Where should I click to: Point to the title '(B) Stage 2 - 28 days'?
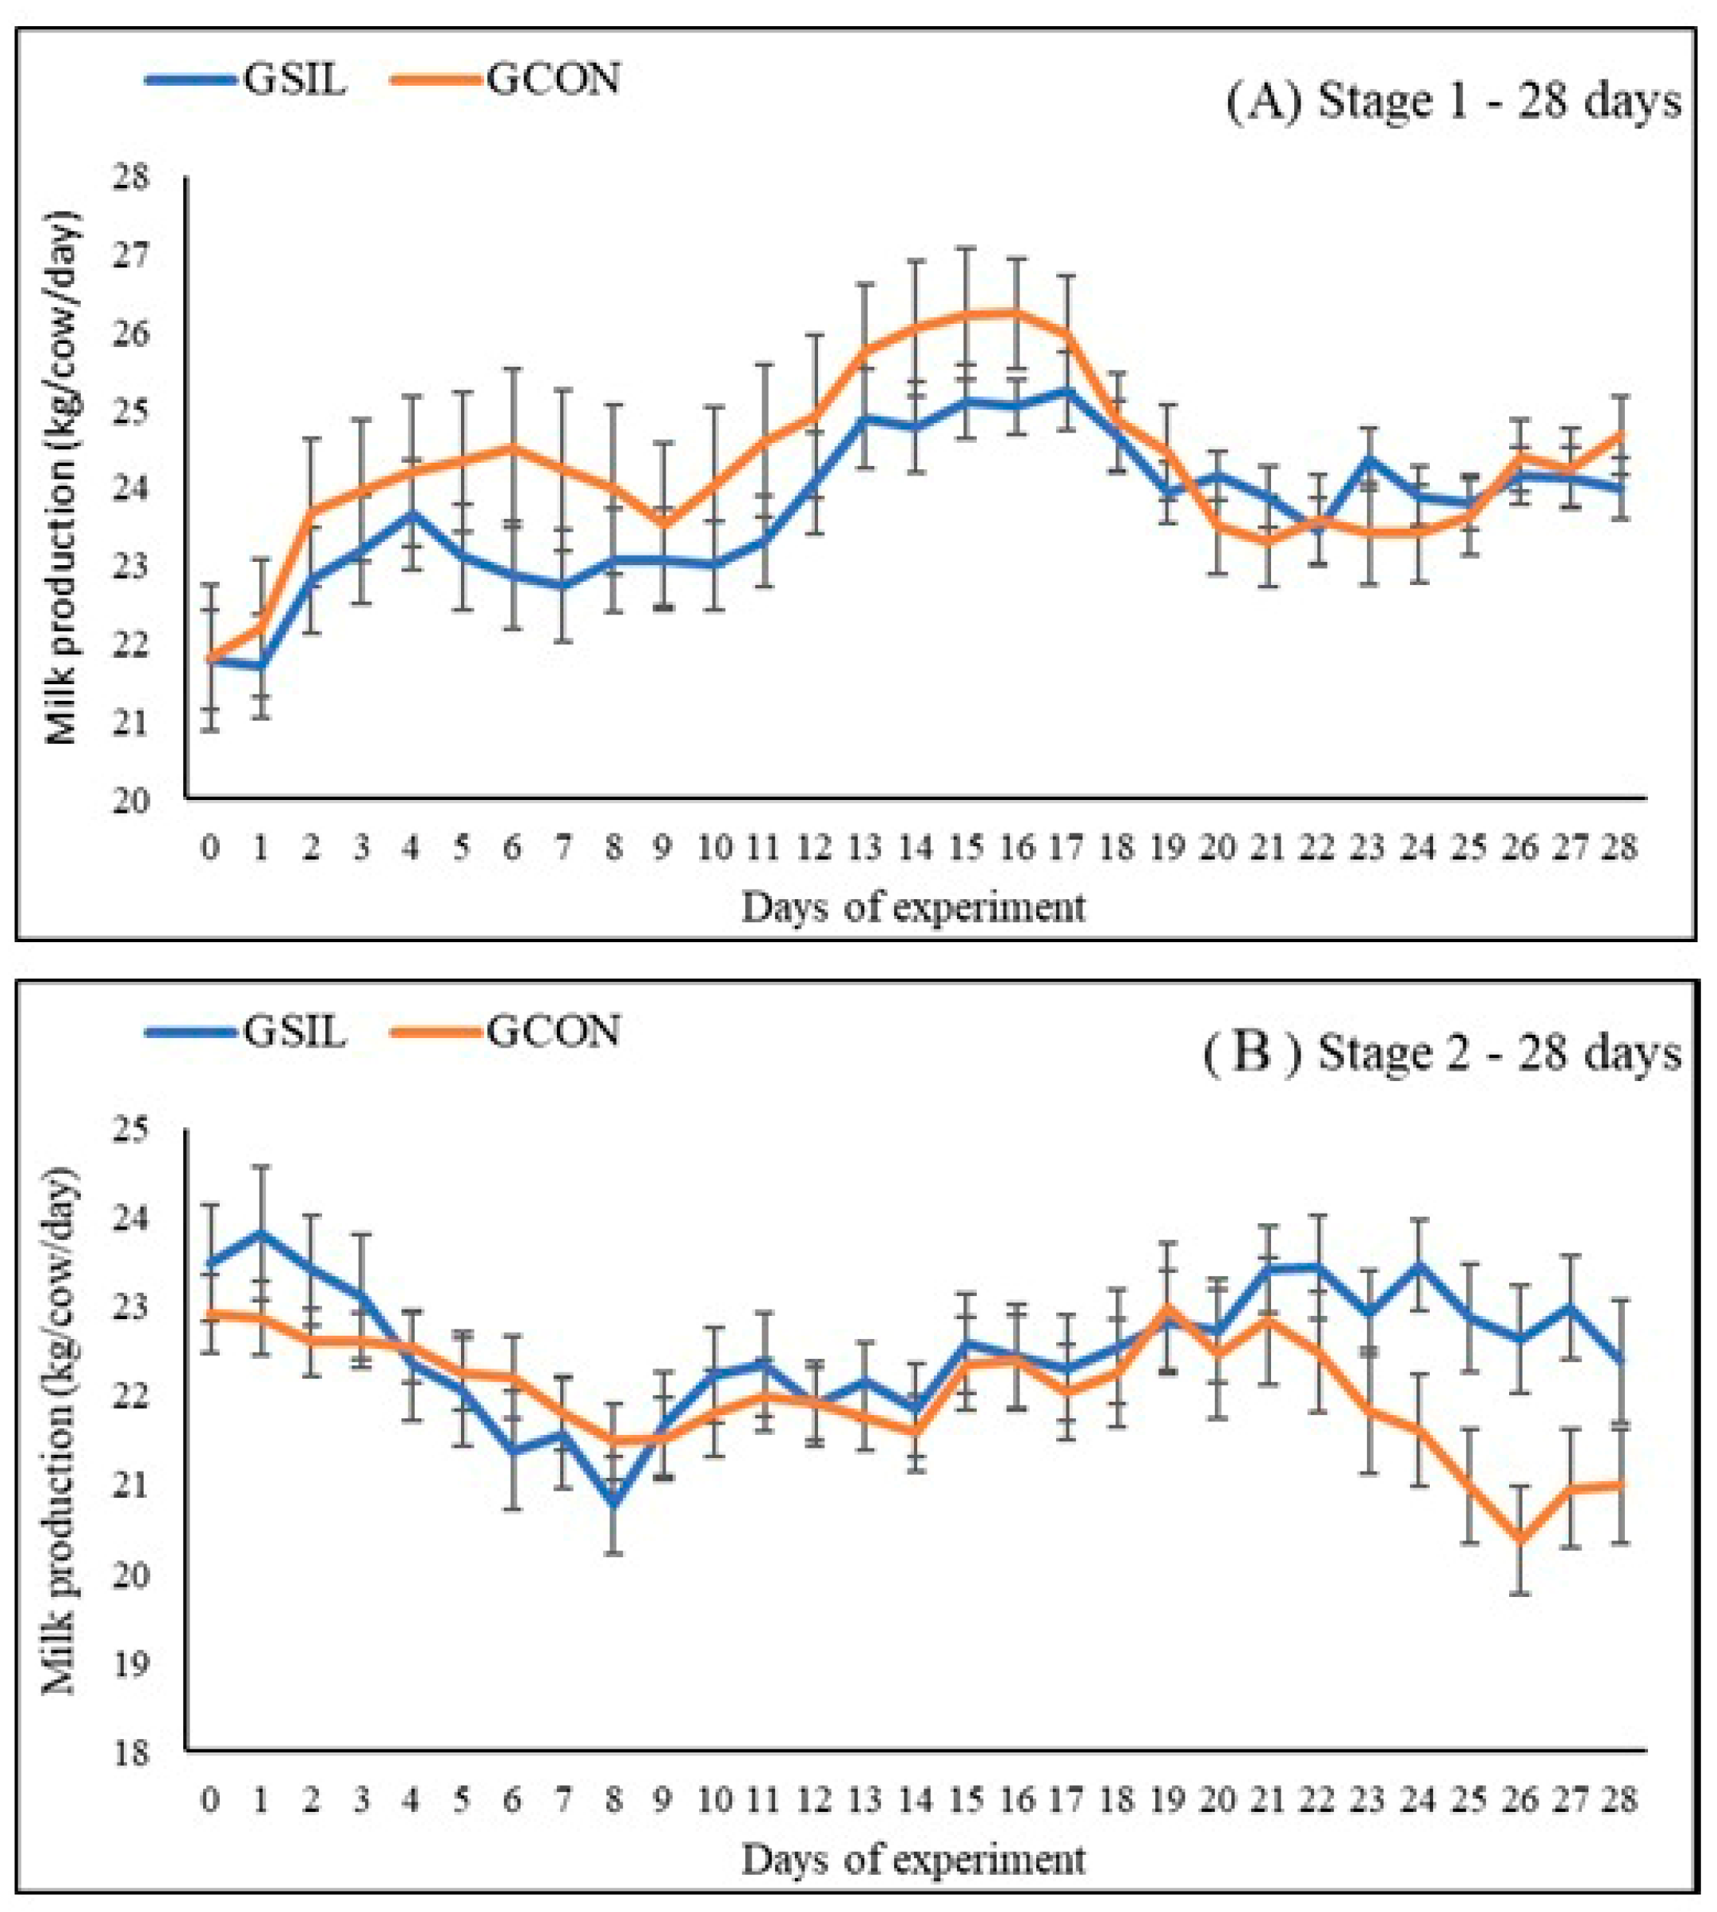point(1442,1053)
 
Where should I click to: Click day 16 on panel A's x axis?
point(1016,848)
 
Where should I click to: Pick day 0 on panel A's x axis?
point(210,848)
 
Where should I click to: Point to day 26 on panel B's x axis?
point(1519,1801)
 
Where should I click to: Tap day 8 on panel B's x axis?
point(614,1801)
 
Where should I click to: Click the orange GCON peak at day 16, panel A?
point(1016,313)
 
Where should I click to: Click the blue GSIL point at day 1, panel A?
point(261,666)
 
